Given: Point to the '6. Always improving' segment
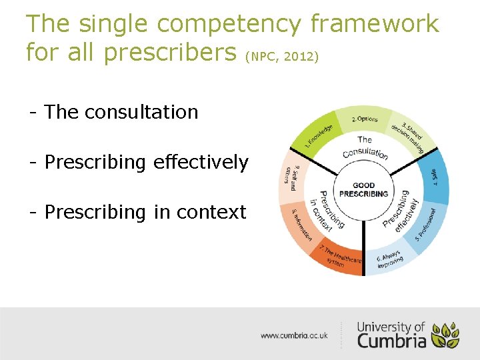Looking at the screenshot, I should click(391, 259).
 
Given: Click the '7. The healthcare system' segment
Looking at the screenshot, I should click(340, 257).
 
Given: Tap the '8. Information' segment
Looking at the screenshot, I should click(302, 227).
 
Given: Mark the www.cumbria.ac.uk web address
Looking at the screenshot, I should click(294, 336).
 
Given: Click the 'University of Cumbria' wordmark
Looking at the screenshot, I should click(391, 334).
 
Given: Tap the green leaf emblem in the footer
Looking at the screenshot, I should click(445, 335).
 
